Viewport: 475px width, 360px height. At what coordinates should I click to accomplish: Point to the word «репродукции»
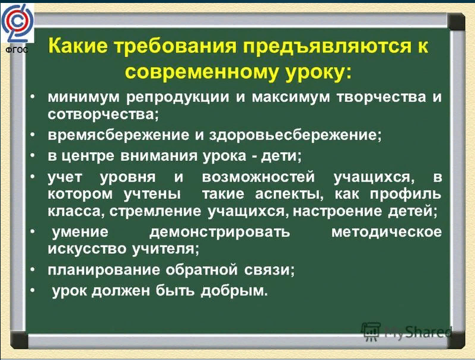pyautogui.click(x=177, y=98)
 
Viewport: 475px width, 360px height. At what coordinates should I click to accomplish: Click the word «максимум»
pyautogui.click(x=291, y=97)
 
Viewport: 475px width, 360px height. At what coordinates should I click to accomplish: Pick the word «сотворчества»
pyautogui.click(x=103, y=114)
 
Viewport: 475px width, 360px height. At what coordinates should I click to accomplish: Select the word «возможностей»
pyautogui.click(x=259, y=177)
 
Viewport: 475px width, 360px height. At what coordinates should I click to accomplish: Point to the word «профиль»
pyautogui.click(x=406, y=194)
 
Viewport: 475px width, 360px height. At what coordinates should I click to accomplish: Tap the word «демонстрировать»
pyautogui.click(x=219, y=232)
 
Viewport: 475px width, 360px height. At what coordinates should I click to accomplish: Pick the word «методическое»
pyautogui.click(x=387, y=232)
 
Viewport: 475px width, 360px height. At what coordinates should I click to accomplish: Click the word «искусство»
pyautogui.click(x=87, y=249)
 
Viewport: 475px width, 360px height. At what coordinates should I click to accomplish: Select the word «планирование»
pyautogui.click(x=104, y=270)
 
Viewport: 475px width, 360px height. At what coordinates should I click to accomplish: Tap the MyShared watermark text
pyautogui.click(x=419, y=332)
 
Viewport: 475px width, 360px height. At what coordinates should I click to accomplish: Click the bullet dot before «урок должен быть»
pyautogui.click(x=33, y=290)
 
